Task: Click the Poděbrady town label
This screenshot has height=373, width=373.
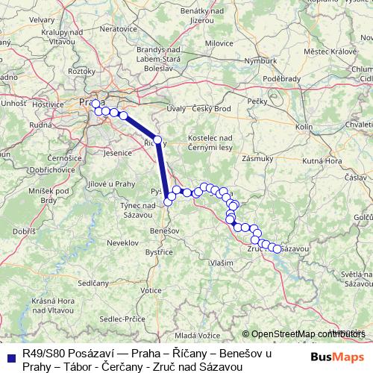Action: pyautogui.click(x=286, y=78)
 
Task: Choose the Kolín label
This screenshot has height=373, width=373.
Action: pyautogui.click(x=304, y=128)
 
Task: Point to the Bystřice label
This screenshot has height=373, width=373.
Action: pyautogui.click(x=159, y=252)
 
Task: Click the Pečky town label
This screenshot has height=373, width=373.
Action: pyautogui.click(x=257, y=99)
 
